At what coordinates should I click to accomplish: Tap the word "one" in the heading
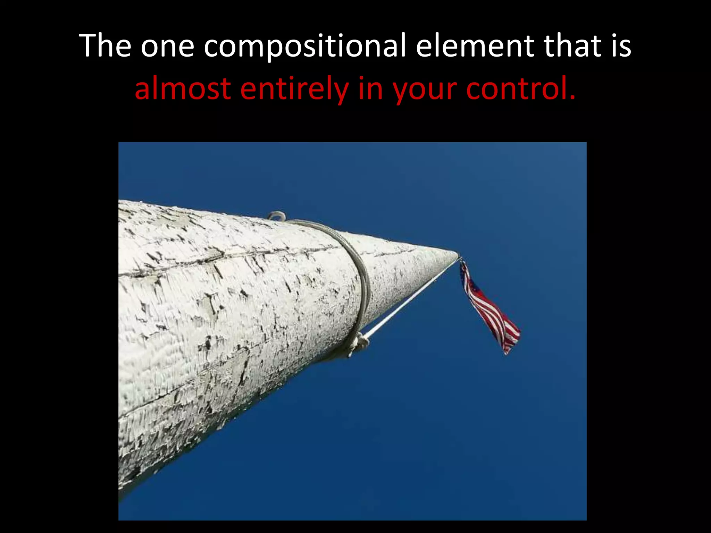[x=167, y=46]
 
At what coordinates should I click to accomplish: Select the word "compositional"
[x=304, y=46]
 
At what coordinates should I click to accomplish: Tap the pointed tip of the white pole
[x=456, y=254]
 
